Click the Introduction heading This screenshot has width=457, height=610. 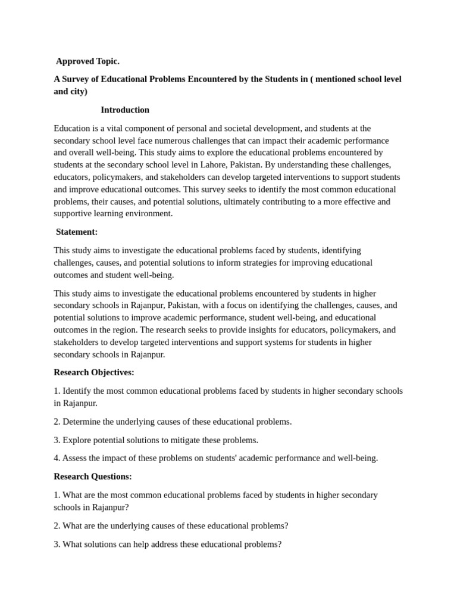point(125,110)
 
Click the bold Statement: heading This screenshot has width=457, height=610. point(77,232)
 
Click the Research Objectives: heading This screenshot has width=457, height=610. point(94,372)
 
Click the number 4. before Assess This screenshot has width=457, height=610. point(57,458)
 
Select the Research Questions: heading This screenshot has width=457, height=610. point(93,477)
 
